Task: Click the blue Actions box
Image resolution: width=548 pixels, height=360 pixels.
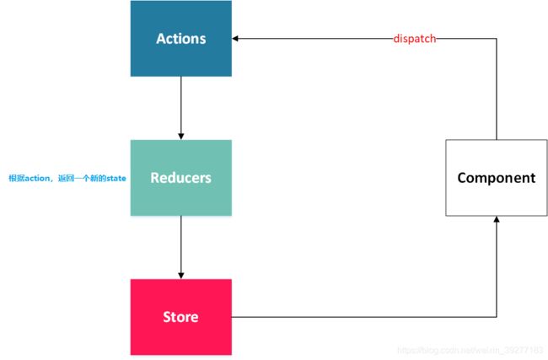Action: pyautogui.click(x=180, y=38)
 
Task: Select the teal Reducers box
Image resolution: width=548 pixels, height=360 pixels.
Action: pyautogui.click(x=180, y=177)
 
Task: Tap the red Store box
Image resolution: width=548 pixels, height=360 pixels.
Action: pyautogui.click(x=180, y=316)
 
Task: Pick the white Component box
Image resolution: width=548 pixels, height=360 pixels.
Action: pyautogui.click(x=496, y=177)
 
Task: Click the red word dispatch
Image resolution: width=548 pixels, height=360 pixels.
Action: pyautogui.click(x=415, y=39)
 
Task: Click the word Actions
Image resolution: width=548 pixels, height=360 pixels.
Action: pyautogui.click(x=180, y=39)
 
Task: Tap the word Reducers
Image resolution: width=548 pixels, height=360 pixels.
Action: pyautogui.click(x=180, y=178)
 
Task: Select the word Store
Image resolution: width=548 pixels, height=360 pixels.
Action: pyautogui.click(x=180, y=317)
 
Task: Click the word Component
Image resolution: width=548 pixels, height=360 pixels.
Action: pyautogui.click(x=496, y=178)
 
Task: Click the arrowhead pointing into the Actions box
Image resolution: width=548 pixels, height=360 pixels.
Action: pyautogui.click(x=237, y=39)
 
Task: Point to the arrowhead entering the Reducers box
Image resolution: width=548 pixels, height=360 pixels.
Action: pyautogui.click(x=180, y=136)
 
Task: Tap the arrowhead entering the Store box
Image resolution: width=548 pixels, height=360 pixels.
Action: pyautogui.click(x=180, y=275)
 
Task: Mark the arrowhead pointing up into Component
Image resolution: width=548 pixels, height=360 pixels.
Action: pyautogui.click(x=496, y=218)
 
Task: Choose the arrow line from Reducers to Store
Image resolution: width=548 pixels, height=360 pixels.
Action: pyautogui.click(x=180, y=244)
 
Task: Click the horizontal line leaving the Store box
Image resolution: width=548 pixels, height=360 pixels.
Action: pyautogui.click(x=363, y=317)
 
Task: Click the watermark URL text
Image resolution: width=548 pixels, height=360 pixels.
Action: pyautogui.click(x=469, y=348)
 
